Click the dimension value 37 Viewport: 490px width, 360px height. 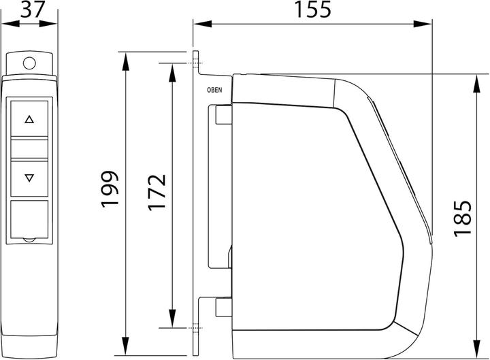(33, 9)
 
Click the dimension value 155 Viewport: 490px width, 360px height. (312, 9)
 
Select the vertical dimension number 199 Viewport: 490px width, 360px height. (110, 189)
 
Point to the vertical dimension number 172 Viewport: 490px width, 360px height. (157, 192)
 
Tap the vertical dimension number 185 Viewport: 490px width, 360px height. (462, 218)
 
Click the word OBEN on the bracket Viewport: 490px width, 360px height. (214, 90)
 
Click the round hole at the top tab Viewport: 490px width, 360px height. (29, 63)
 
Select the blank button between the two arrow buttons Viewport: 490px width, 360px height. (29, 149)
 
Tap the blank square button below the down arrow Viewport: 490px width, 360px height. (29, 219)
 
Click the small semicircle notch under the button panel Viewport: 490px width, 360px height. (29, 240)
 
